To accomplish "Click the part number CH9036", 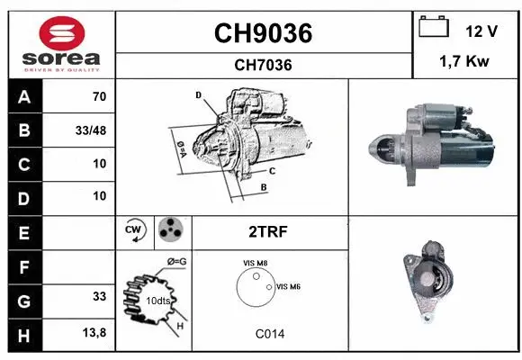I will (263, 33).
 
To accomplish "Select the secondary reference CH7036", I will (263, 65).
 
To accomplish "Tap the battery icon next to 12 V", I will (434, 29).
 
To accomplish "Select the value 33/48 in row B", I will (89, 130).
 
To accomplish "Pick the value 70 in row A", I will (99, 97).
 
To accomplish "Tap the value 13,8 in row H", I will (94, 331).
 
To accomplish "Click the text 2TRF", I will (267, 231).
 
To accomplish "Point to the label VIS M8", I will (256, 263).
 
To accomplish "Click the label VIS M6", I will (288, 286).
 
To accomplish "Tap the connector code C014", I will (270, 333).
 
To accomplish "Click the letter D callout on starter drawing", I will (198, 94).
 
